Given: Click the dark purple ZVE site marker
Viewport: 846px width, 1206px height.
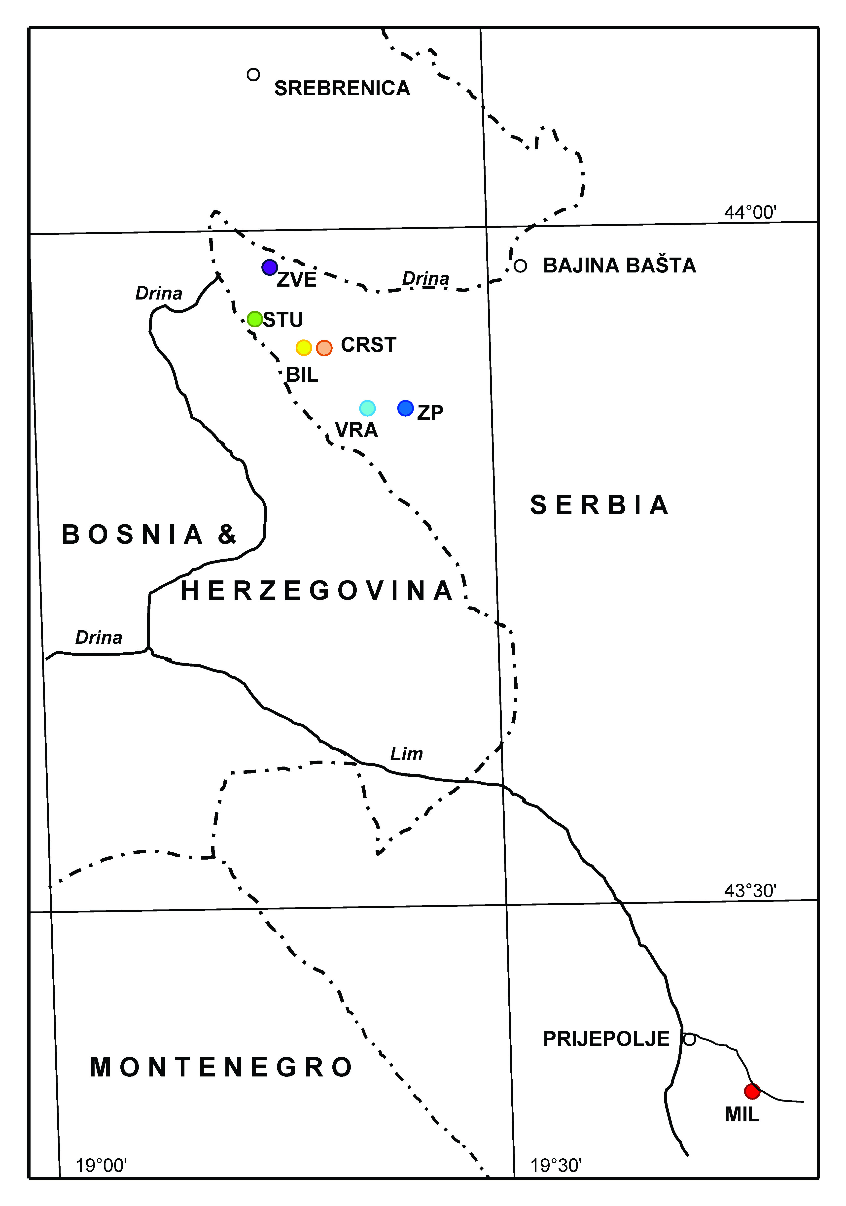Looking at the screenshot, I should (x=270, y=267).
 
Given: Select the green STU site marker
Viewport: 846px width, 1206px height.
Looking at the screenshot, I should (x=255, y=319).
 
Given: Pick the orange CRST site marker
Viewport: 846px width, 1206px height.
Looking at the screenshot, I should (x=324, y=348).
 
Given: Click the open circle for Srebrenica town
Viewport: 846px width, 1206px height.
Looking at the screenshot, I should (x=253, y=75).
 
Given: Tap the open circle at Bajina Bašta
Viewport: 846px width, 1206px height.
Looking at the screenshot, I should (x=520, y=266).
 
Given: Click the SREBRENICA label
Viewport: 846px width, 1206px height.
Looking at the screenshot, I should (x=342, y=88).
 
